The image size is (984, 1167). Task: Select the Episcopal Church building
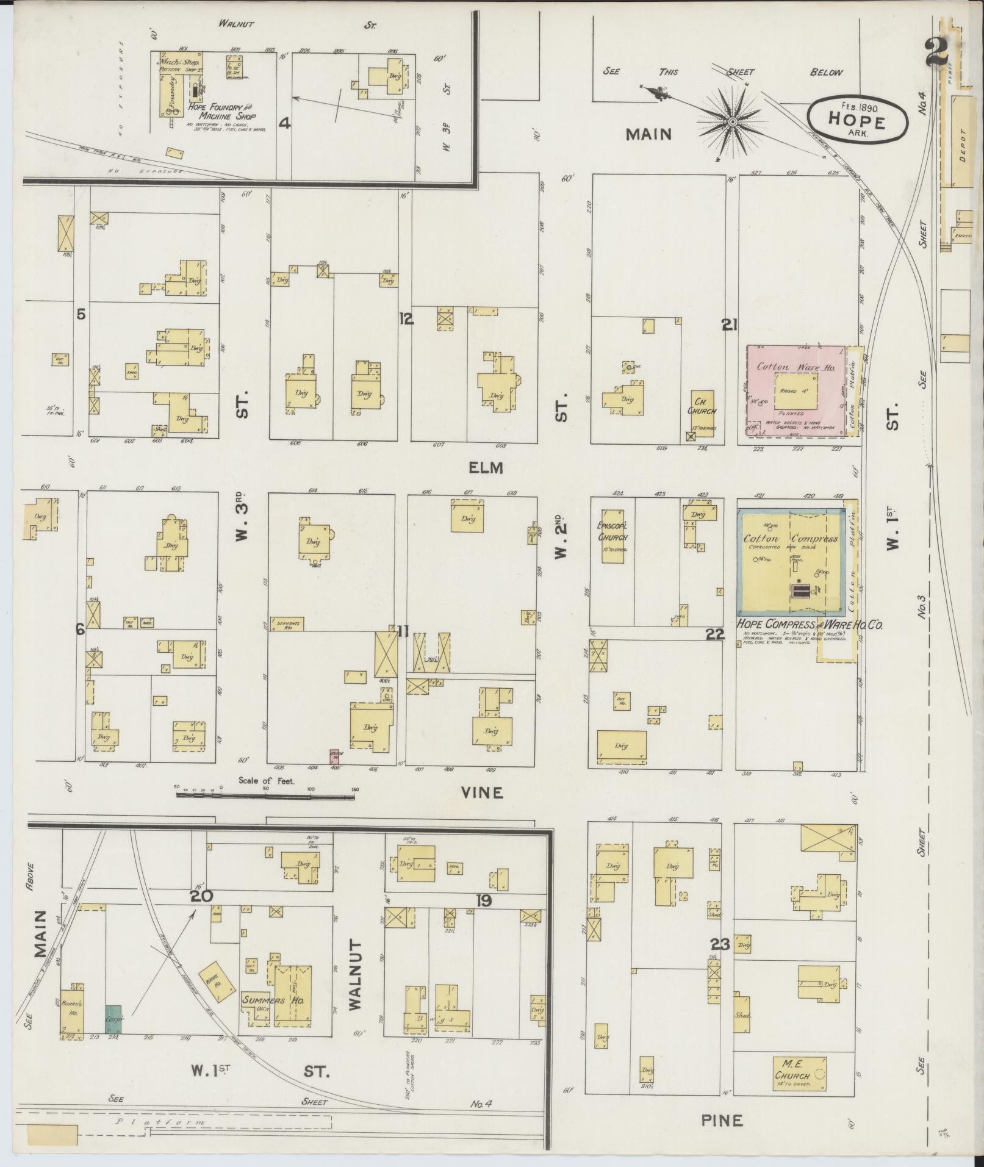pos(613,536)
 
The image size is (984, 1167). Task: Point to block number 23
pos(720,945)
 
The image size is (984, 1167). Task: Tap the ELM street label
pos(486,467)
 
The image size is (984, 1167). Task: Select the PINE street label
pos(722,1120)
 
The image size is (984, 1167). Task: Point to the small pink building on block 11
pos(334,756)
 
